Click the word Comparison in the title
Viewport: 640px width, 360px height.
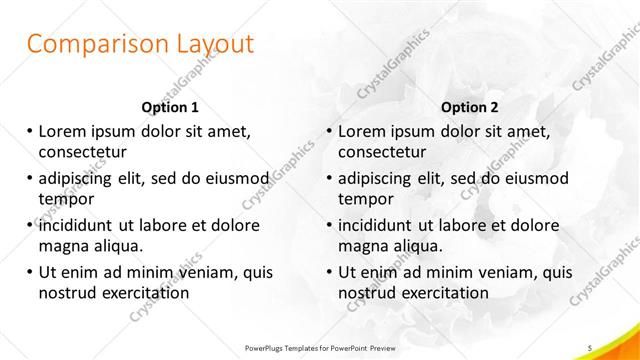click(86, 45)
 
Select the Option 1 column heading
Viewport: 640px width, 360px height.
click(170, 107)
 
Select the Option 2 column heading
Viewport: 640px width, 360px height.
click(470, 107)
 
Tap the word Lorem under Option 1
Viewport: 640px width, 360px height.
click(63, 131)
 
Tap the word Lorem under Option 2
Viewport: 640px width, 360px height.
click(363, 131)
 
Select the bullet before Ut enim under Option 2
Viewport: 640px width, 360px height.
click(329, 271)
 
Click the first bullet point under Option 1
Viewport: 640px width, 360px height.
click(30, 131)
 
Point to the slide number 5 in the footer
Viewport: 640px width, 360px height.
click(590, 347)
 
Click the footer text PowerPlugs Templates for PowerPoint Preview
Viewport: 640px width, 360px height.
click(319, 347)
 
